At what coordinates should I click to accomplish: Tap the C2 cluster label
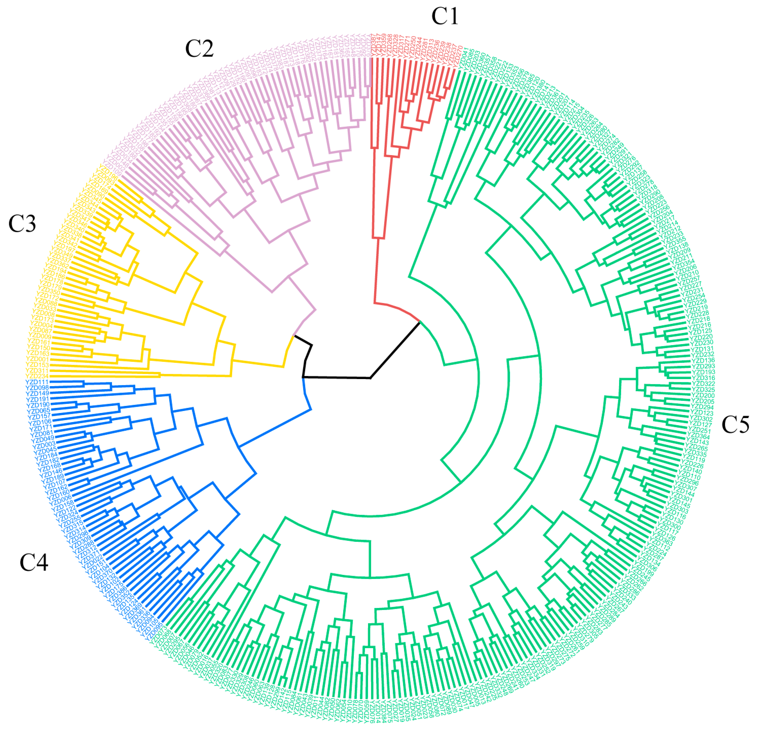coord(199,49)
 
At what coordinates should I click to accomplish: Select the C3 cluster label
coord(22,224)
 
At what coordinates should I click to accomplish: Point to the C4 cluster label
coord(34,563)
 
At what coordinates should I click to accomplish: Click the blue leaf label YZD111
coord(37,382)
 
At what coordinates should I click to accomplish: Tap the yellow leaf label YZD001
coord(38,359)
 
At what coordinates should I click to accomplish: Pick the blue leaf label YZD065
coord(39,411)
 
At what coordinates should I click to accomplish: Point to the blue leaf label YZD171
coord(40,427)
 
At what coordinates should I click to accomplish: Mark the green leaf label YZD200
coord(703,396)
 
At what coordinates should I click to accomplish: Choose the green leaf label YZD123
coord(701,413)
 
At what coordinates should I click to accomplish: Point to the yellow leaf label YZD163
coord(38,353)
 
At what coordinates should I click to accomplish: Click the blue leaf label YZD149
coord(38,393)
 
